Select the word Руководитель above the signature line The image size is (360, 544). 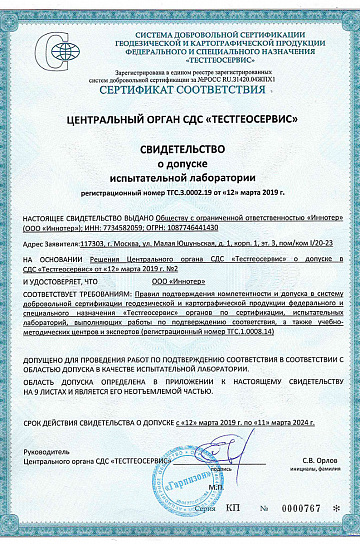42,453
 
